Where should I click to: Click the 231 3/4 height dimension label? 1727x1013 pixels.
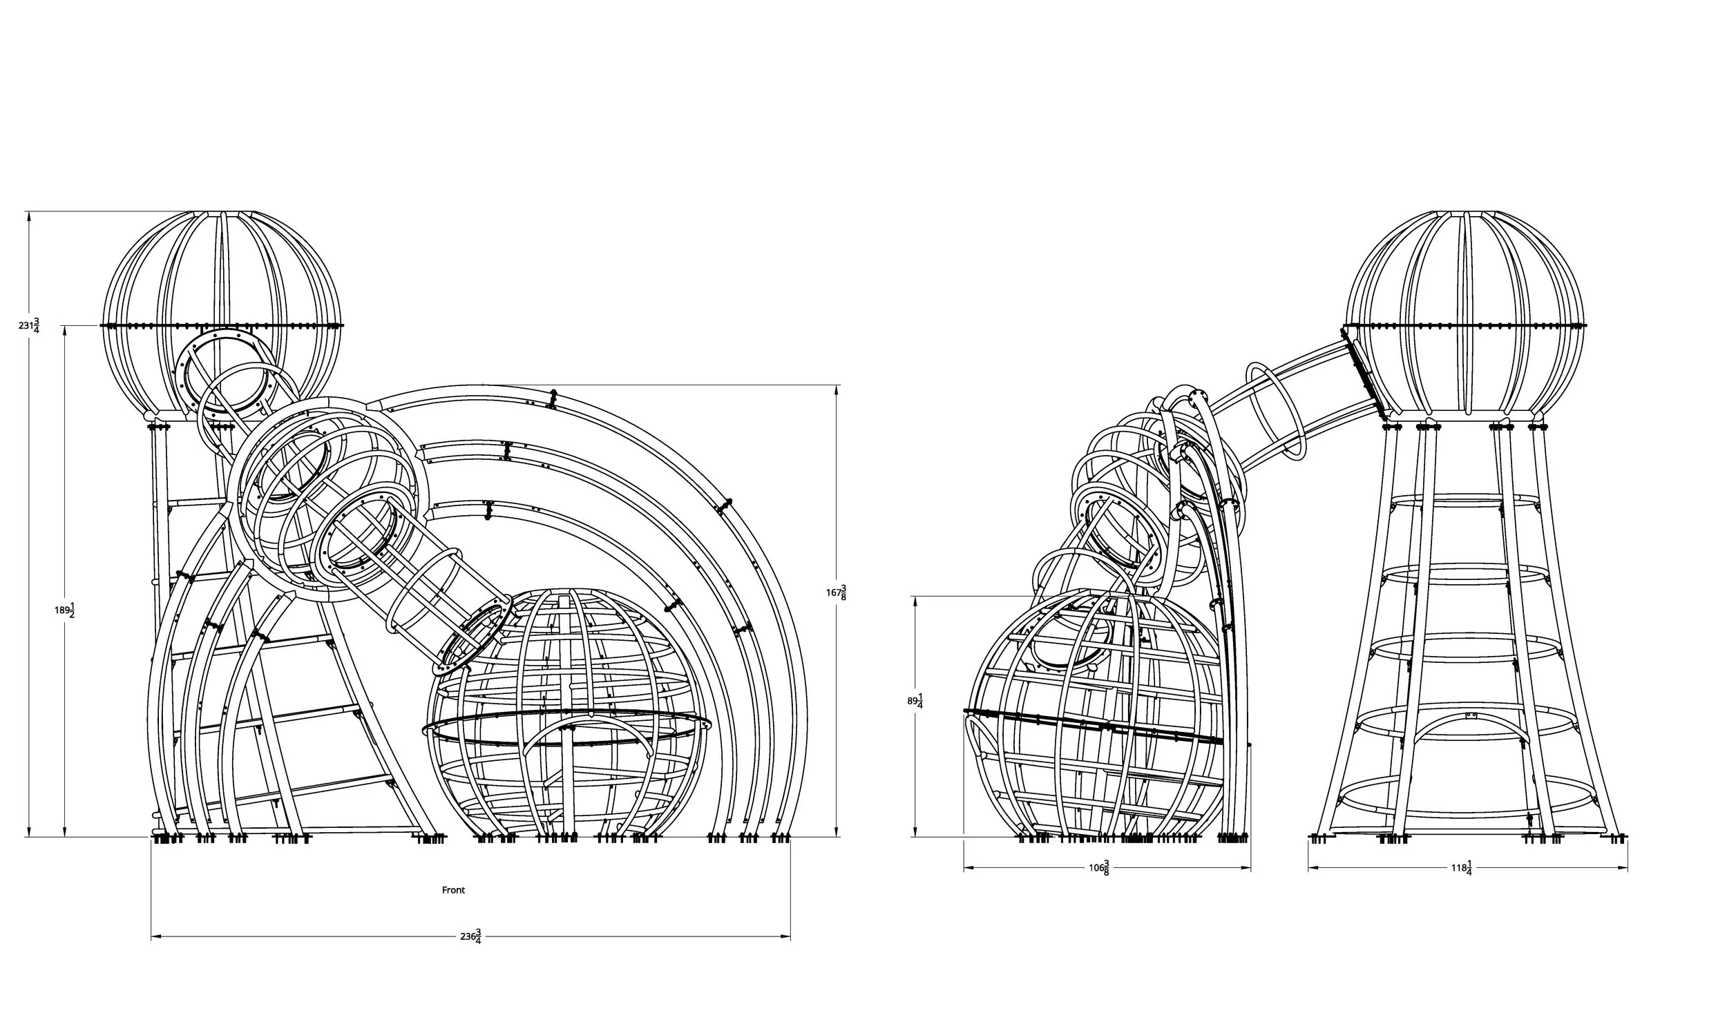pyautogui.click(x=29, y=325)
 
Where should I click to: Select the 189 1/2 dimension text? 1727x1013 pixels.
pyautogui.click(x=65, y=610)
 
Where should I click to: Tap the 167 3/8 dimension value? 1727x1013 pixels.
pyautogui.click(x=836, y=592)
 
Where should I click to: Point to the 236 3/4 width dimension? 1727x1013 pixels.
pyautogui.click(x=470, y=936)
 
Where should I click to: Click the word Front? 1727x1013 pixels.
pyautogui.click(x=453, y=890)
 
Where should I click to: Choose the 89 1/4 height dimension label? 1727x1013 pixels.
pyautogui.click(x=915, y=702)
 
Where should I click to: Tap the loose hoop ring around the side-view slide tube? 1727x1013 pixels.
pyautogui.click(x=1275, y=412)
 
